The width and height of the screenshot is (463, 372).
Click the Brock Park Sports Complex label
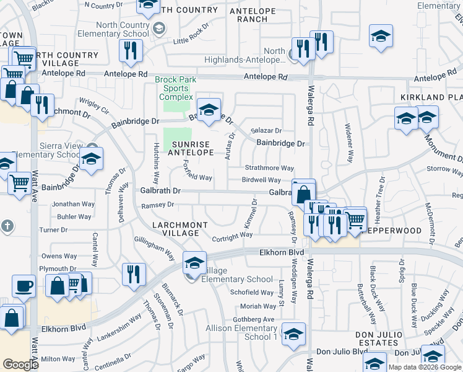tap(176, 89)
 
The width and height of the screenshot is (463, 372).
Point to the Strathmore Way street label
tap(269, 168)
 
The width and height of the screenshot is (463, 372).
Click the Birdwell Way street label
tap(261, 180)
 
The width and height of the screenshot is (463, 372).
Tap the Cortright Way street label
tap(233, 235)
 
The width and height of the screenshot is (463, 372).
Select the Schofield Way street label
tap(252, 293)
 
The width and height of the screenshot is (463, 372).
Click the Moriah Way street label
tap(259, 306)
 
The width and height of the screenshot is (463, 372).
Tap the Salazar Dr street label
tap(266, 131)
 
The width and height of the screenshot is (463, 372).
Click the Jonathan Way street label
tap(74, 203)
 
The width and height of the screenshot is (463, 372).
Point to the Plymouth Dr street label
tap(58, 268)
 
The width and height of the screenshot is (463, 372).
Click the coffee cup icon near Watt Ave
tap(24, 286)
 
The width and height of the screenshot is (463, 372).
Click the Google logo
tap(20, 365)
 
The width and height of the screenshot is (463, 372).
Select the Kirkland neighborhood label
tap(431, 98)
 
